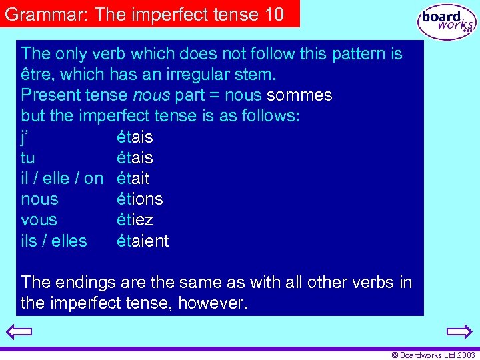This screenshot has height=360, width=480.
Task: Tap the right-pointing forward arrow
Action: tap(459, 332)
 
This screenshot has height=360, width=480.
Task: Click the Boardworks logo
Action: tap(446, 21)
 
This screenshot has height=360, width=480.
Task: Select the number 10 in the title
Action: tap(275, 13)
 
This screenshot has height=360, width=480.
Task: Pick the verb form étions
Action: tap(139, 199)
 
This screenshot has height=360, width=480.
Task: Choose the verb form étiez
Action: tap(135, 219)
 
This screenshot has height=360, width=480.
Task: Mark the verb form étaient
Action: tap(143, 241)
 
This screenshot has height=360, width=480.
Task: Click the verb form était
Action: tap(133, 178)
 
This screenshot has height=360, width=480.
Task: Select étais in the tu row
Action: tap(135, 157)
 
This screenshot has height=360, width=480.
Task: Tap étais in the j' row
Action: tap(135, 137)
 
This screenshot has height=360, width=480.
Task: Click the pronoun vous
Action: tap(39, 219)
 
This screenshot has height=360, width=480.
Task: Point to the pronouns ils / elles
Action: tap(54, 241)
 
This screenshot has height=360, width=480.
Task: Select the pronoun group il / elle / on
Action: tap(62, 178)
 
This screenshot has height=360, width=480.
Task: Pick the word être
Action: tap(36, 75)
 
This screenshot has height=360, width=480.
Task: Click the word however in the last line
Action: tap(213, 304)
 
